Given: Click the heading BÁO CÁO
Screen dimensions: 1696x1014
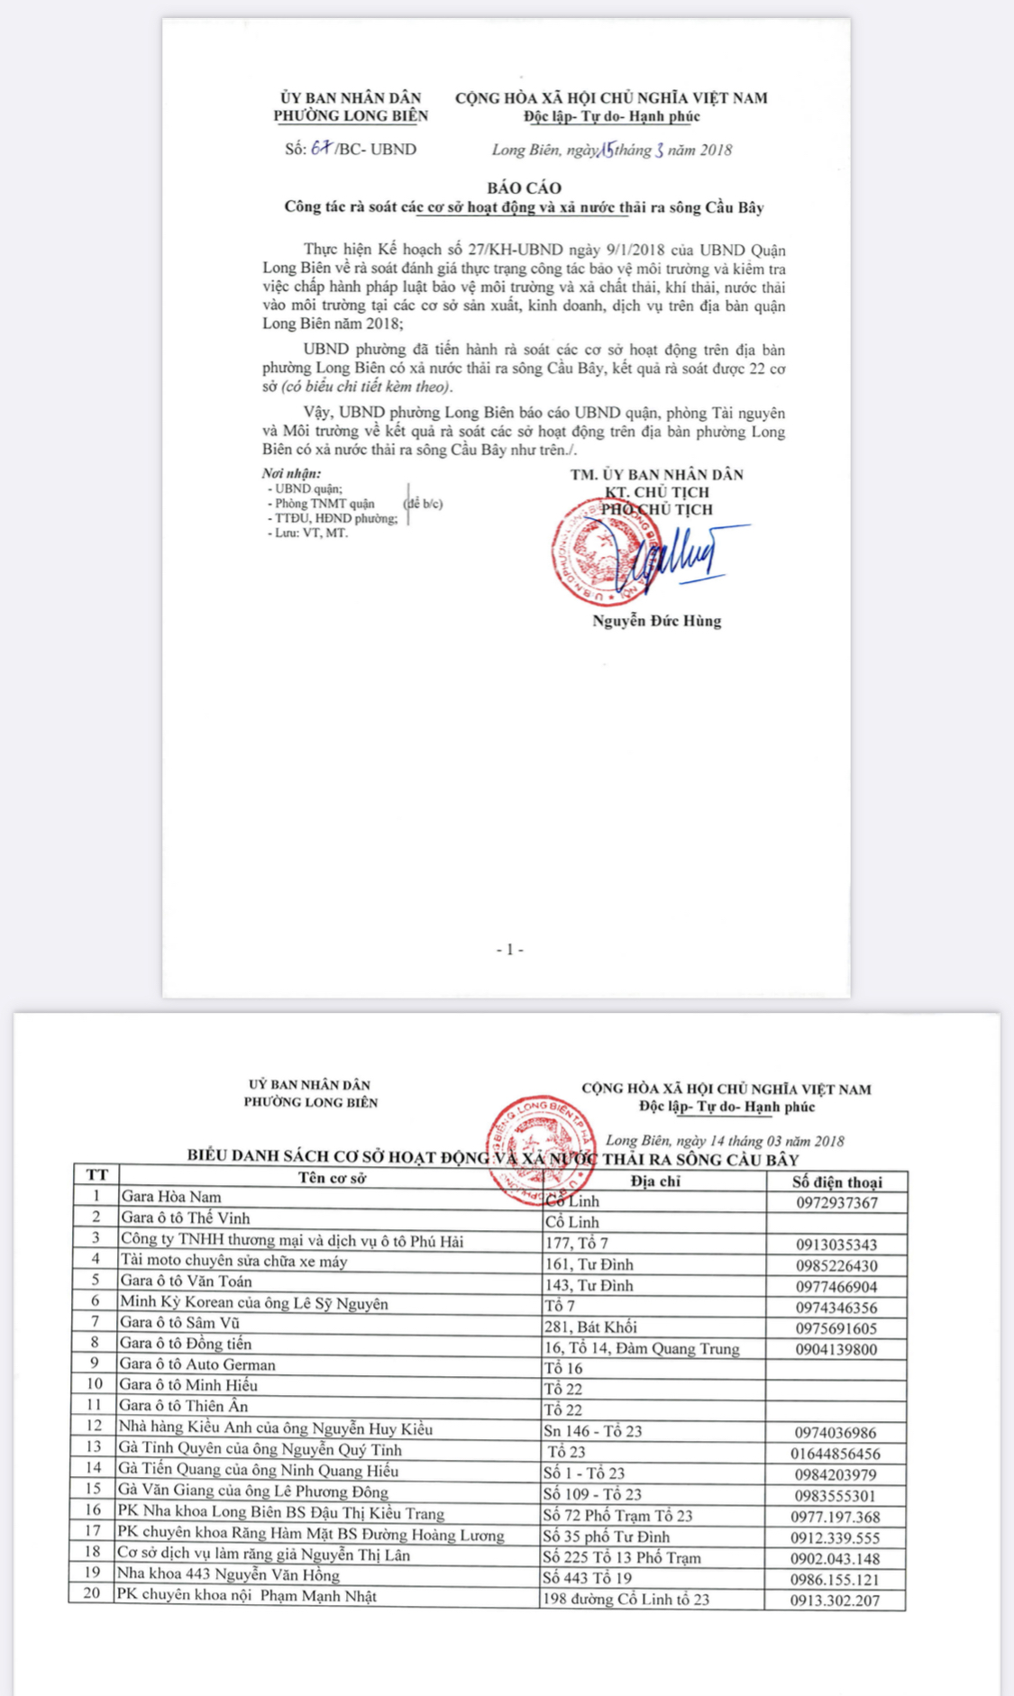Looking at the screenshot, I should (524, 187).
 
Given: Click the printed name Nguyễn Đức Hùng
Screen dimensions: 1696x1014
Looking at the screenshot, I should (656, 621).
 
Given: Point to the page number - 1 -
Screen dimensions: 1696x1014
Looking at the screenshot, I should (509, 950).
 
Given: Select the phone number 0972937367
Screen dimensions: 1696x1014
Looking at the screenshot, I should (836, 1203).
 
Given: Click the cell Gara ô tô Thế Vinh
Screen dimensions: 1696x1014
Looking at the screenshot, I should (186, 1218).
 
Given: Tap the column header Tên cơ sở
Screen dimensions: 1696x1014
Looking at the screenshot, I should (332, 1178).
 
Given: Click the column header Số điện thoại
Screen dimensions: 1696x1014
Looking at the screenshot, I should (837, 1182).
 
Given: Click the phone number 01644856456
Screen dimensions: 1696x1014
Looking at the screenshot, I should (836, 1454).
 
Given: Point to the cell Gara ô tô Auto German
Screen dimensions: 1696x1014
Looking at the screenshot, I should (197, 1364).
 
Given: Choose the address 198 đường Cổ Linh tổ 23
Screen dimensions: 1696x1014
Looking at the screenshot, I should (626, 1600).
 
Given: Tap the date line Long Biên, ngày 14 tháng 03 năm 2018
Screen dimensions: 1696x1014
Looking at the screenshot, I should (725, 1141).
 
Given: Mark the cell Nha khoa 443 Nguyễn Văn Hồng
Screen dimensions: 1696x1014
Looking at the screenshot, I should (229, 1574).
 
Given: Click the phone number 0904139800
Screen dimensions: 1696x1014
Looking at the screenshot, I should (836, 1349).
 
